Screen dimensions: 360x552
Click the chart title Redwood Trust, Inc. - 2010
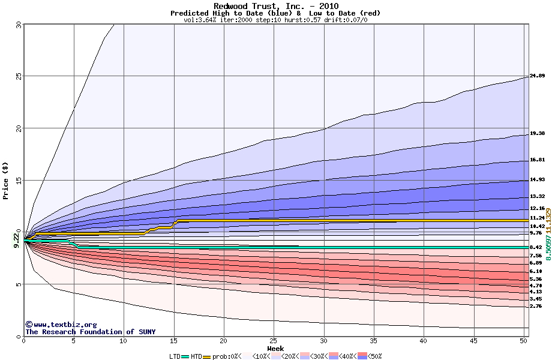coord(275,6)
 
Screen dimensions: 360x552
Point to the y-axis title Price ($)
coord(6,181)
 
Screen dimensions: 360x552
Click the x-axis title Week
coord(275,349)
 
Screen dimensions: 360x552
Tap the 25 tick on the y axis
coord(18,76)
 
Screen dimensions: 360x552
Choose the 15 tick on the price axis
coord(18,181)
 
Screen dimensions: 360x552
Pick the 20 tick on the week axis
coord(223,341)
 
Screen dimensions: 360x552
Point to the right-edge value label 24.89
coord(537,76)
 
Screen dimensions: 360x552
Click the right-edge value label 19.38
coord(537,134)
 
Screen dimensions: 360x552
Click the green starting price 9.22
coord(16,239)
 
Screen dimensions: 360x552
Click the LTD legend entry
coord(175,356)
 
